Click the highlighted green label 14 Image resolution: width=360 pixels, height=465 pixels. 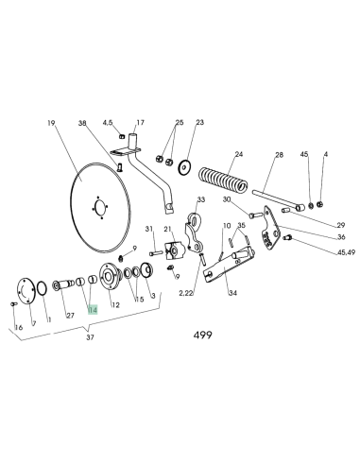tap(92, 308)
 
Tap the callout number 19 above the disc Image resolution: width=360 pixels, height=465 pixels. tap(52, 123)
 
